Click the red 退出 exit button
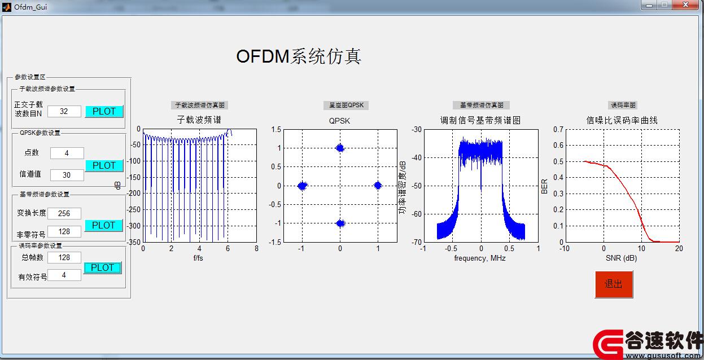tap(614, 284)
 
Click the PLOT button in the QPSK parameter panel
tap(104, 165)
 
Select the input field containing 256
tap(64, 214)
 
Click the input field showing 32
tap(64, 112)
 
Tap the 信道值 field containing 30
tap(67, 175)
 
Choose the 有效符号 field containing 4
tap(64, 275)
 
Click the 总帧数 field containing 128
tap(64, 258)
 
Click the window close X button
tap(686, 5)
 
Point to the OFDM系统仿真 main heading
tap(299, 56)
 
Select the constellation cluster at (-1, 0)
tap(303, 186)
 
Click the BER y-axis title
tap(544, 186)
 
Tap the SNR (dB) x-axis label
tap(622, 258)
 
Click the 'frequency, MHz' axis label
tap(480, 258)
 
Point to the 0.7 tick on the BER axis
tap(558, 129)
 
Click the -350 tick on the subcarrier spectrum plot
tap(134, 242)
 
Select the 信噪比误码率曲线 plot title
tap(622, 120)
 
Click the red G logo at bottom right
tap(608, 344)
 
